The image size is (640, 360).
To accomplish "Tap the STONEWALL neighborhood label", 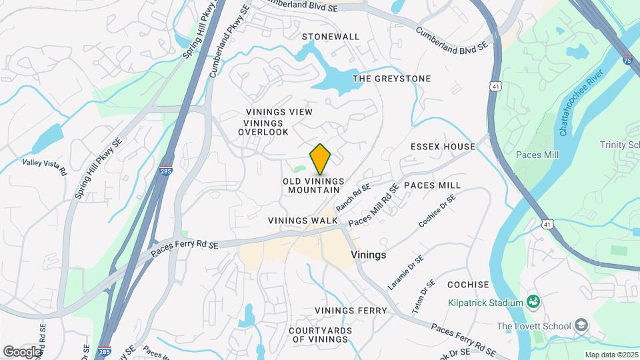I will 331,37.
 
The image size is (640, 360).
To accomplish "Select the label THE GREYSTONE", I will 391,79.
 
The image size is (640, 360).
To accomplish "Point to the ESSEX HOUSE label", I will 443,147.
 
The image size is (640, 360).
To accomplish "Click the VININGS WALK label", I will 303,221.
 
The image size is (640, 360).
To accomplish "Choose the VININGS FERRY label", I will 351,311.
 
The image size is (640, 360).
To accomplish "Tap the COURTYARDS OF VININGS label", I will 319,335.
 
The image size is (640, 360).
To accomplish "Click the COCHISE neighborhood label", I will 468,285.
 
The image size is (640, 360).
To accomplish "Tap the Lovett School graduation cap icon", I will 581,325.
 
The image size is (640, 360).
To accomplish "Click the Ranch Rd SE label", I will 353,198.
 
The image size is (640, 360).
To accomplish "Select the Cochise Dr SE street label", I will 437,211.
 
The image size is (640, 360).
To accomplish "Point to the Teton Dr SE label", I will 423,297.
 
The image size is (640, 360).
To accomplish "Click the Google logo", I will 22,351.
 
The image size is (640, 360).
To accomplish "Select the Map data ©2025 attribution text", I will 611,355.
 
